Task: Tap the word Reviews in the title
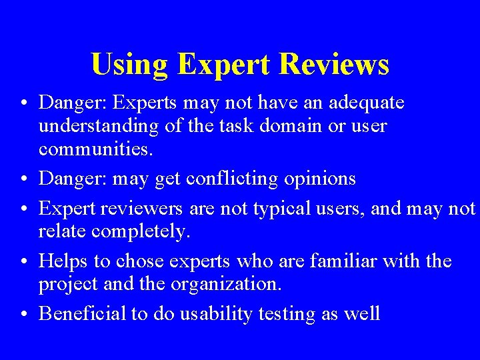click(x=335, y=65)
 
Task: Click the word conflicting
click(x=232, y=179)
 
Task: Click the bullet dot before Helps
click(x=23, y=261)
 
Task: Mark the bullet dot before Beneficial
click(x=23, y=314)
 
